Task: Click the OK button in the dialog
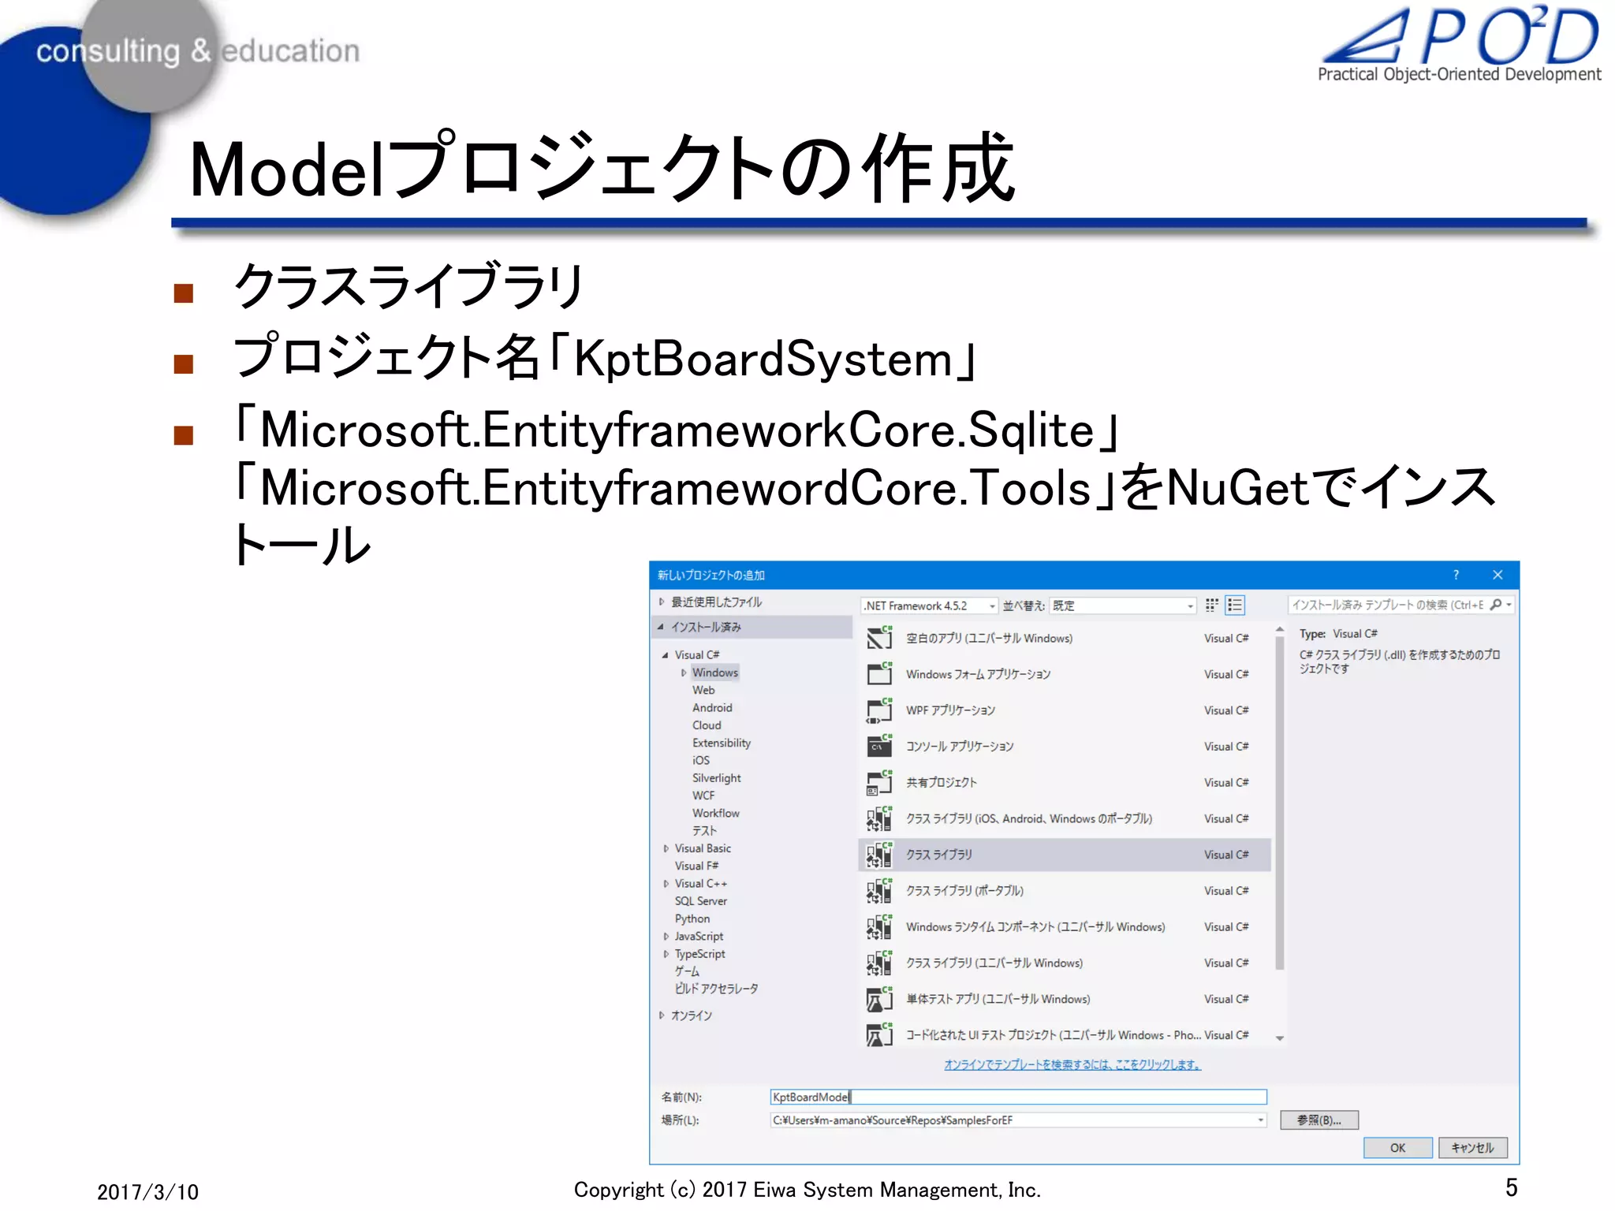click(1397, 1148)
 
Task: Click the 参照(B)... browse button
click(1318, 1120)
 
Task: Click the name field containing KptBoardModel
click(1017, 1097)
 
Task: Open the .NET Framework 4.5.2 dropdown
click(929, 605)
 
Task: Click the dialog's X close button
click(1498, 575)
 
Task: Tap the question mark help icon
click(1456, 575)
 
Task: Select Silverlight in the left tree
click(716, 778)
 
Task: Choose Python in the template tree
click(692, 918)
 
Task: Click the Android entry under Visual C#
click(712, 708)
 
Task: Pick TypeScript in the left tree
click(699, 954)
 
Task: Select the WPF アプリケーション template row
click(949, 710)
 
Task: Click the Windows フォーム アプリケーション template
click(977, 674)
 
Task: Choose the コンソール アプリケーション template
click(959, 747)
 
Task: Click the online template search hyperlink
click(1072, 1064)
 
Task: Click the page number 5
click(1511, 1187)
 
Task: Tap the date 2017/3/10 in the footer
click(147, 1192)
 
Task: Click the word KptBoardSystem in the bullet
click(763, 360)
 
